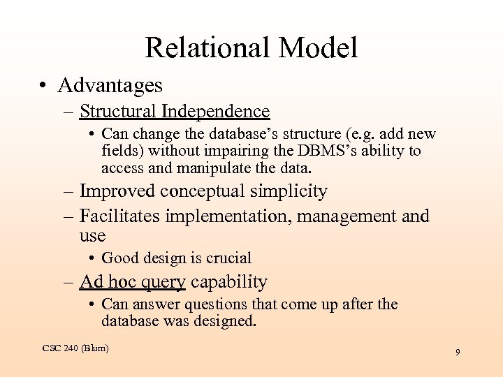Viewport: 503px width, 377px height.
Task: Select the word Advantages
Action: (110, 85)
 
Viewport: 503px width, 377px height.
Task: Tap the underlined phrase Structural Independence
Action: (175, 111)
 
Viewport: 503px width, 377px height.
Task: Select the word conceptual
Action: (201, 191)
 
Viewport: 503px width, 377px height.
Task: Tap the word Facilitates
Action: (119, 216)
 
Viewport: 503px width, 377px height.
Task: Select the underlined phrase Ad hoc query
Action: (133, 282)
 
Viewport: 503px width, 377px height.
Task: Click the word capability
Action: (229, 282)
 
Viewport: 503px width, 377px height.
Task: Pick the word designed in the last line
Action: (228, 321)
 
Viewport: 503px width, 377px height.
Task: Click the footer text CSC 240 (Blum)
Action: (75, 348)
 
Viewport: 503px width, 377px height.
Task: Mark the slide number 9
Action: (458, 353)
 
